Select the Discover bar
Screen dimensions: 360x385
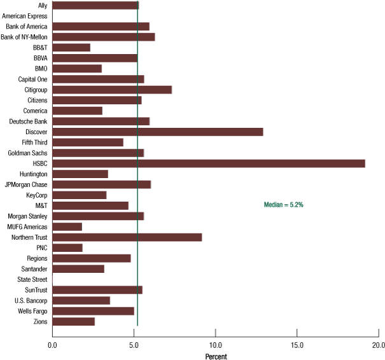point(158,132)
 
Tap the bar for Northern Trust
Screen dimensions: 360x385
point(127,237)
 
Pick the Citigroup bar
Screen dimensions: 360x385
point(112,90)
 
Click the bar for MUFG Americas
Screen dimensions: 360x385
point(67,226)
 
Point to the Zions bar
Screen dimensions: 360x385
point(73,321)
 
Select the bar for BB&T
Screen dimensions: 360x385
point(71,48)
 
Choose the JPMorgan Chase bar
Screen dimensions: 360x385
point(102,184)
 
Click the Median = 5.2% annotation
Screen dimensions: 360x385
point(284,205)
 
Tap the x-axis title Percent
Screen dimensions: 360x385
point(216,356)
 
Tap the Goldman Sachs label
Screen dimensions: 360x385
point(27,153)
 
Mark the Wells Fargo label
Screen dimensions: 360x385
point(31,311)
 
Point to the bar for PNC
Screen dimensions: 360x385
point(67,247)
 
